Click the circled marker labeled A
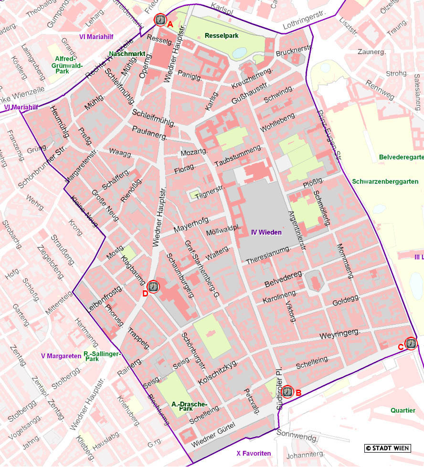click(160, 20)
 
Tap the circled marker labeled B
click(287, 392)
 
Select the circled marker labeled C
click(411, 343)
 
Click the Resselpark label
click(221, 36)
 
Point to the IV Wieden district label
click(266, 233)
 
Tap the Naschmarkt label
click(126, 54)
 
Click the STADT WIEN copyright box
click(387, 448)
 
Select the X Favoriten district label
click(254, 453)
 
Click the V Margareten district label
click(61, 356)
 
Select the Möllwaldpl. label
click(222, 232)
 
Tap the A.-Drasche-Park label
click(190, 407)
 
